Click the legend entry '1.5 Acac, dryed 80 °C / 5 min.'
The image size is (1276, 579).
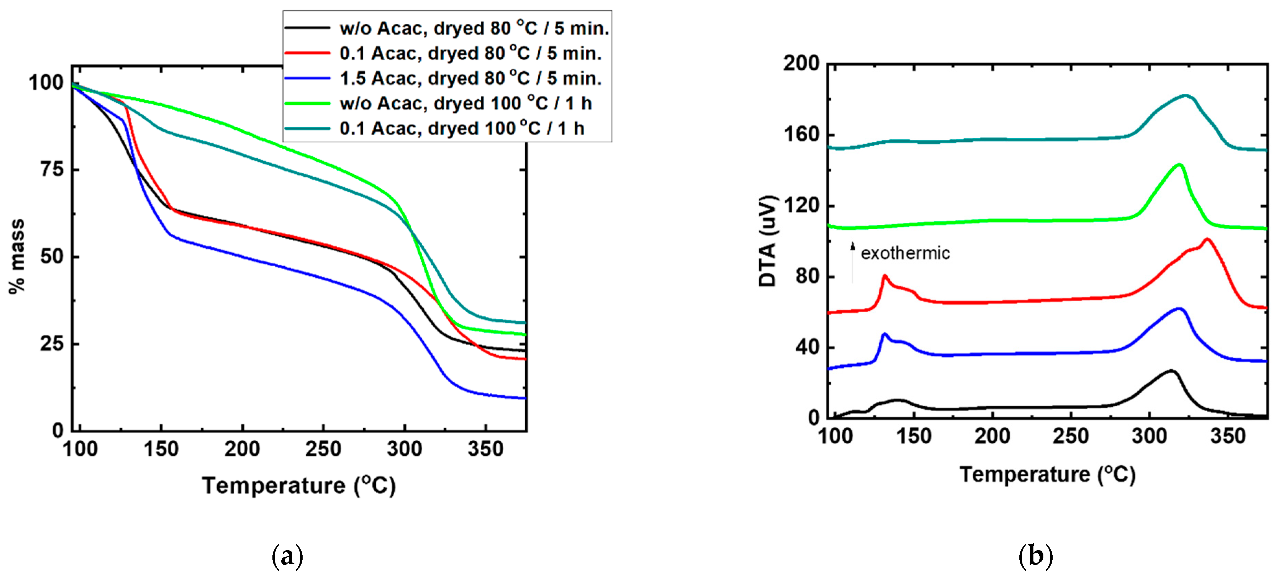471,78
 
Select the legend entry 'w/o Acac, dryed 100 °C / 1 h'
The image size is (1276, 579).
466,104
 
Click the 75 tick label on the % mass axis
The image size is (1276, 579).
52,170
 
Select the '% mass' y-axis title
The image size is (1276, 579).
16,256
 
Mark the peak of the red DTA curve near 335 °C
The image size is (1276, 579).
1207,240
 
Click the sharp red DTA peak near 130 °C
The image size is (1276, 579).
885,276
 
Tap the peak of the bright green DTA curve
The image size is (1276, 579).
1179,165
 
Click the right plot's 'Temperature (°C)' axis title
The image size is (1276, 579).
1047,475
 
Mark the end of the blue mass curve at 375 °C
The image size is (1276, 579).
524,398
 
